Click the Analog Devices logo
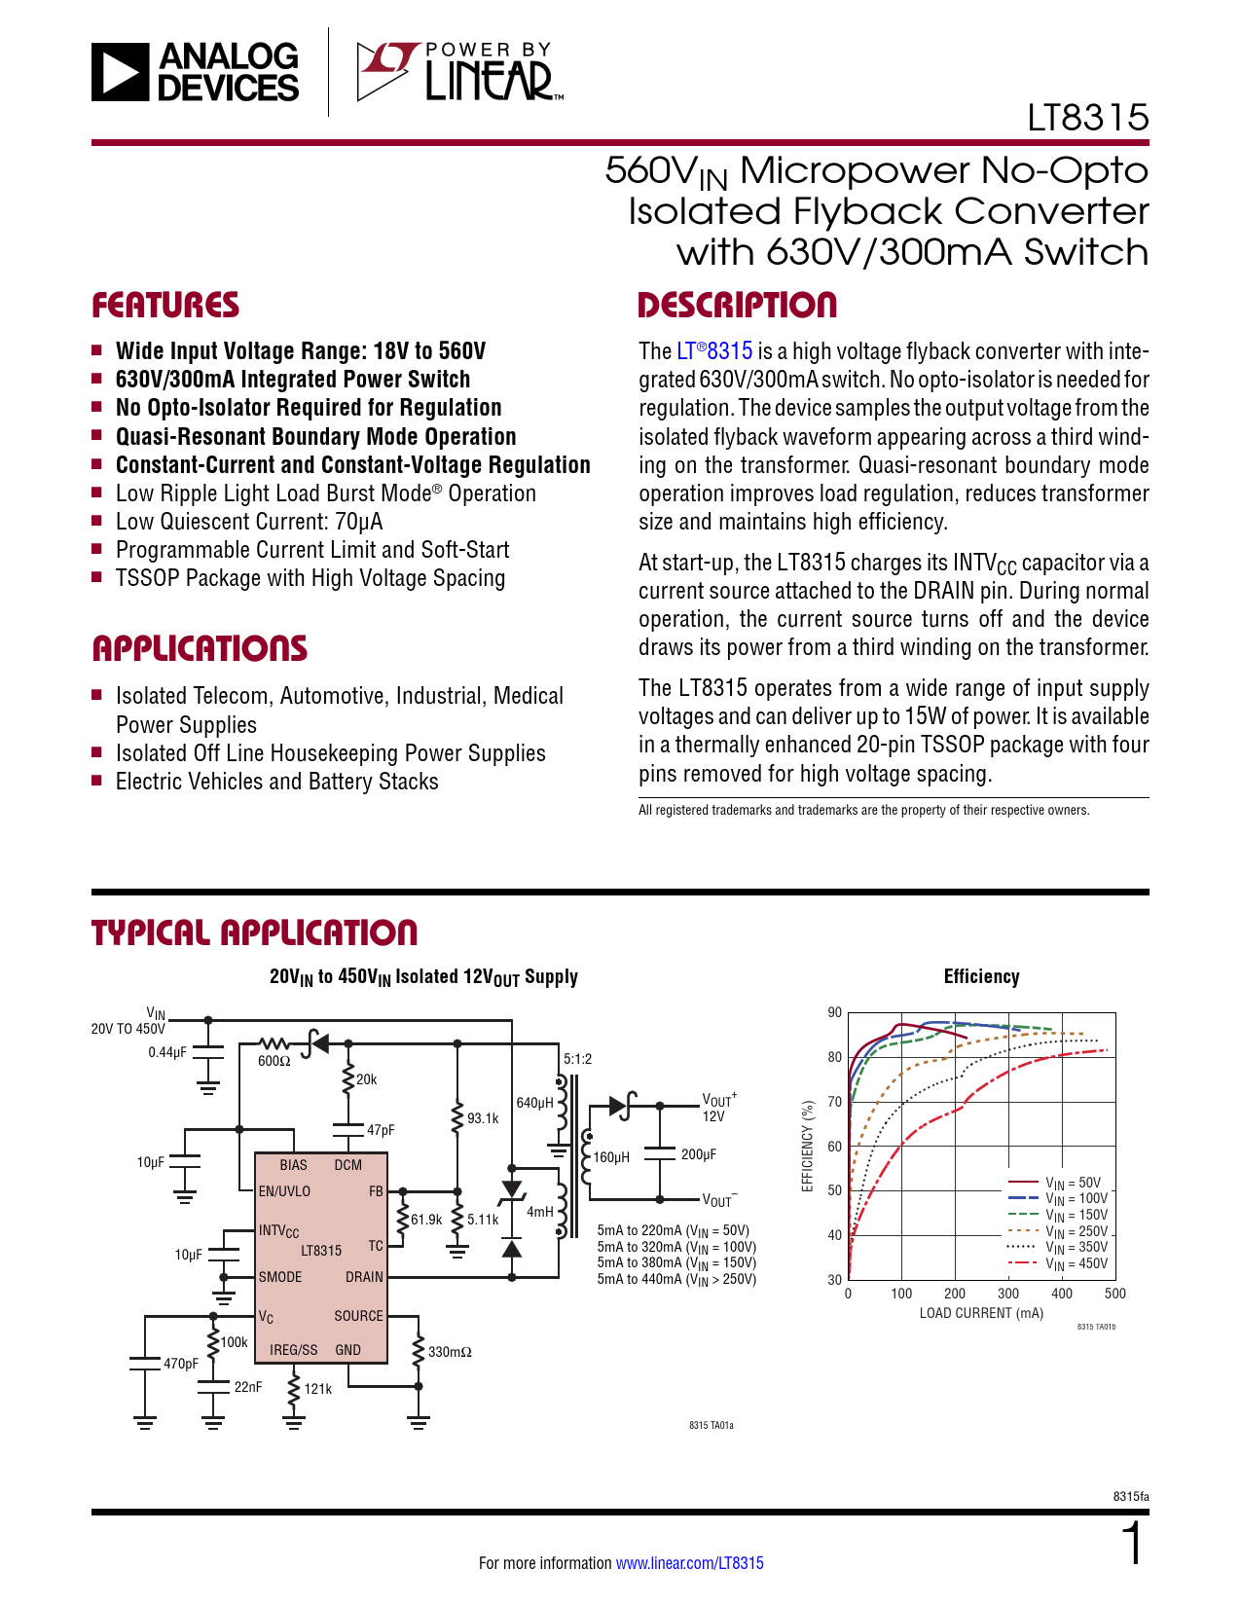pyautogui.click(x=195, y=71)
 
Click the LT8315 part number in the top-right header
pyautogui.click(x=1088, y=118)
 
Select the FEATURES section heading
pyautogui.click(x=165, y=306)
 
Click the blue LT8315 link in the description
pyautogui.click(x=715, y=351)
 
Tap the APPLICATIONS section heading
pyautogui.click(x=200, y=649)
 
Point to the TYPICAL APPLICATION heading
pyautogui.click(x=254, y=932)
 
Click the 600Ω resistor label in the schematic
pyautogui.click(x=274, y=1061)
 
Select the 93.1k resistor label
pyautogui.click(x=483, y=1118)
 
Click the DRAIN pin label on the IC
pyautogui.click(x=364, y=1277)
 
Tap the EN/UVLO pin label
pyautogui.click(x=284, y=1191)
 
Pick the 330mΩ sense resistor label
pyautogui.click(x=450, y=1352)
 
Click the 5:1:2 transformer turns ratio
pyautogui.click(x=577, y=1059)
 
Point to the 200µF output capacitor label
pyautogui.click(x=699, y=1154)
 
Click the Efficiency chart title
pyautogui.click(x=981, y=977)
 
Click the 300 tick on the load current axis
pyautogui.click(x=1008, y=1294)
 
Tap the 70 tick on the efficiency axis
pyautogui.click(x=834, y=1102)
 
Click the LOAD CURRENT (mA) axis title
pyautogui.click(x=981, y=1313)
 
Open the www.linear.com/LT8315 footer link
pyautogui.click(x=690, y=1563)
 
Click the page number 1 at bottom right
pyautogui.click(x=1133, y=1545)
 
